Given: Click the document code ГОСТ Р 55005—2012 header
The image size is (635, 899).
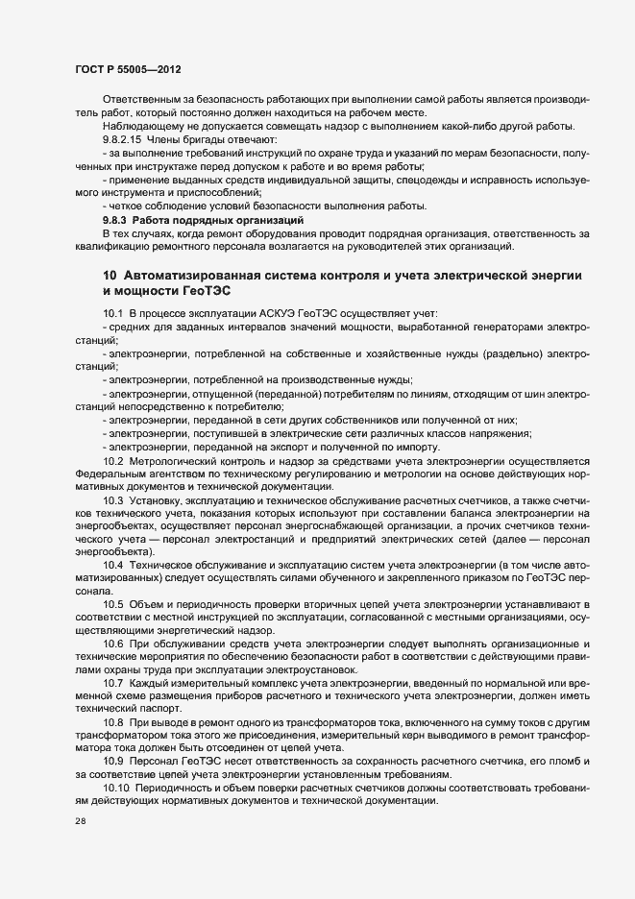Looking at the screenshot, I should coord(128,71).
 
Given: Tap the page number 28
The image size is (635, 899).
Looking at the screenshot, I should coord(81,824).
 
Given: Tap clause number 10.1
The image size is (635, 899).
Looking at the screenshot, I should coord(113,314).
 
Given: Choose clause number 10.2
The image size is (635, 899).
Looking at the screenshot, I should coord(113,461).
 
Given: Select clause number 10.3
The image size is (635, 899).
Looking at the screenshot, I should coord(113,502).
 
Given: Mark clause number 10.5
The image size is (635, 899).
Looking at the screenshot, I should coord(113,603).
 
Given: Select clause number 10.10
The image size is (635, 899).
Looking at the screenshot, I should coord(116,789).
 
